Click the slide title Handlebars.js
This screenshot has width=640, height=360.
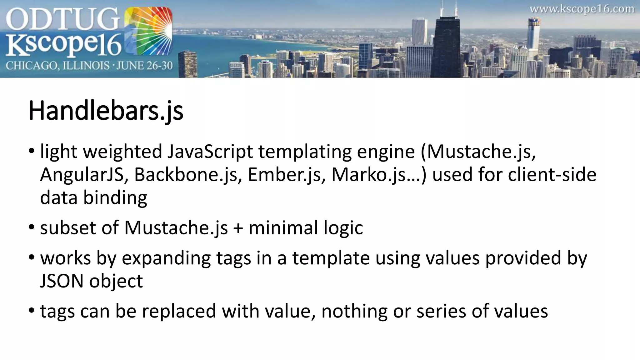click(106, 111)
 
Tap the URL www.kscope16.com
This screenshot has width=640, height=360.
click(582, 9)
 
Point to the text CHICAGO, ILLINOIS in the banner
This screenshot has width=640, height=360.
click(58, 66)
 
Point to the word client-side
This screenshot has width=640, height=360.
click(552, 175)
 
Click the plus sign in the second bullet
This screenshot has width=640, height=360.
click(238, 228)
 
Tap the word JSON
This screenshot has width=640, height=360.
click(62, 281)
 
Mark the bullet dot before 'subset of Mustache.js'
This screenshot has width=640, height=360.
click(31, 227)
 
